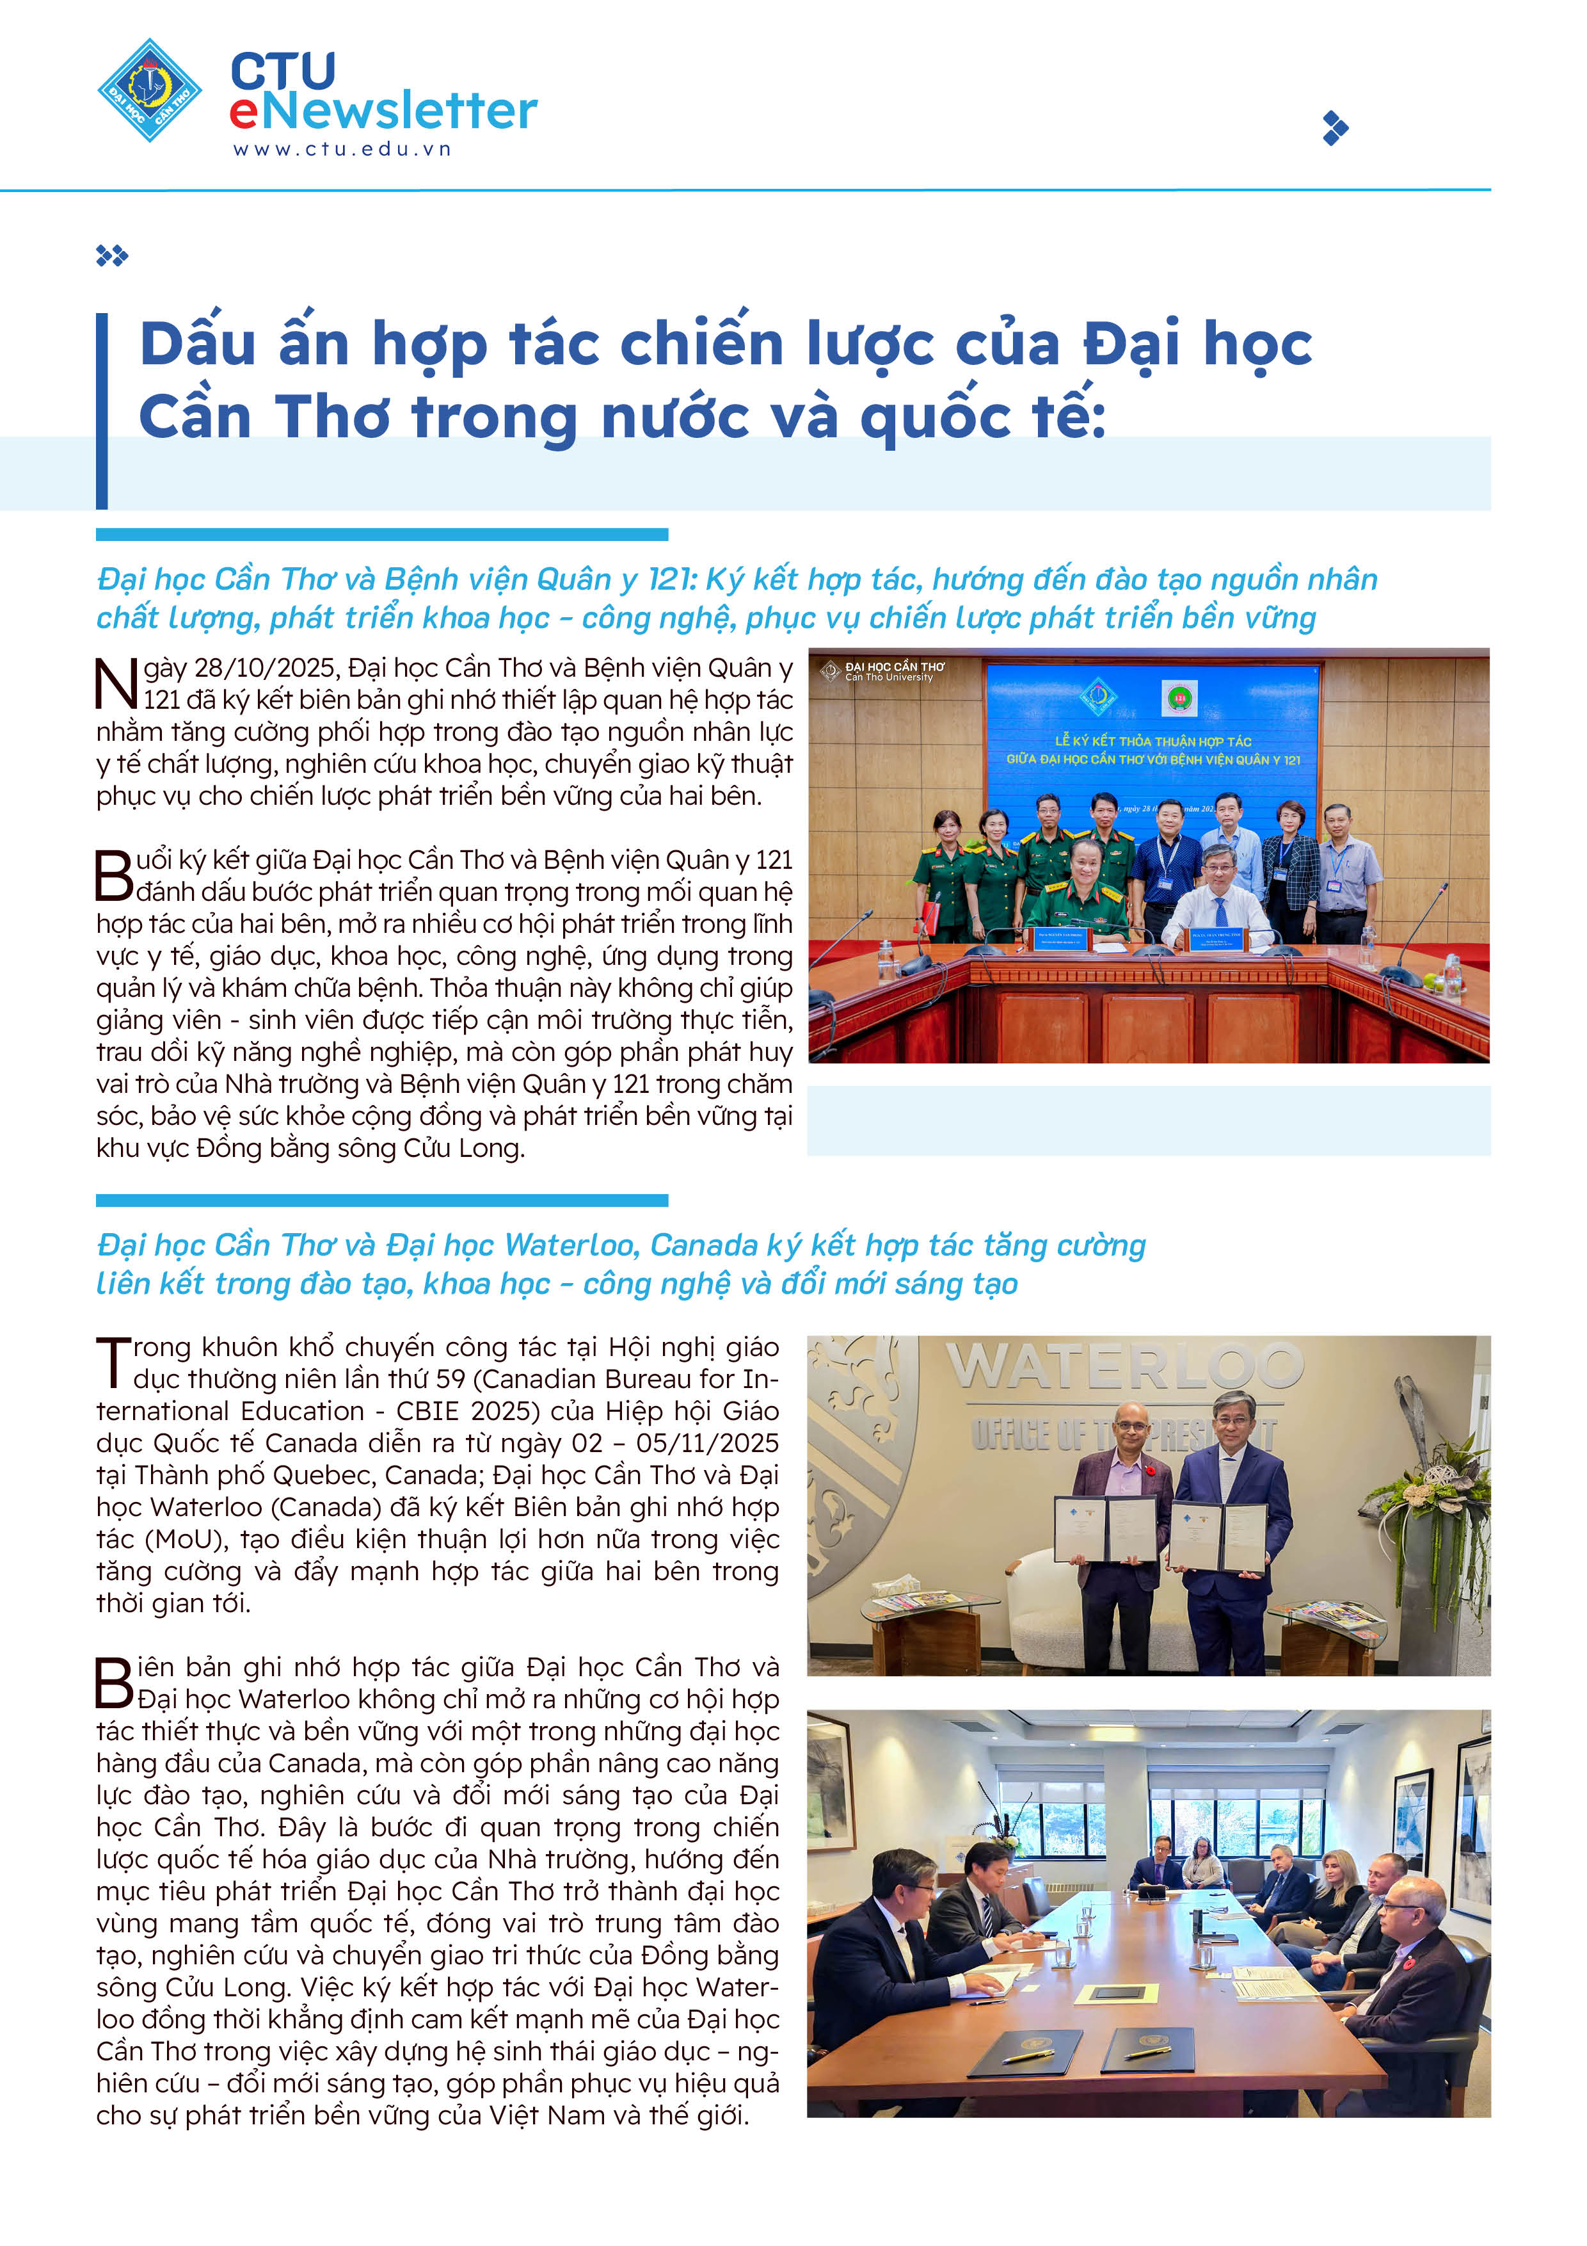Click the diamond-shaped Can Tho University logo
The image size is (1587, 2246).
(x=150, y=91)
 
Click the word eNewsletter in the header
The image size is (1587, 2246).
(x=383, y=111)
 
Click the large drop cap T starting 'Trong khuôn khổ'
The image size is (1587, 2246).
(x=113, y=1362)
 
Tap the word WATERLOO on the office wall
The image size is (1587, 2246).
(x=1124, y=1366)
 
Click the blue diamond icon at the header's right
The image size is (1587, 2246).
(x=1335, y=128)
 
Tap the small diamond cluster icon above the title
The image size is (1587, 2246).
(x=111, y=256)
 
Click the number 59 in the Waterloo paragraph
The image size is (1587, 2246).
(x=450, y=1379)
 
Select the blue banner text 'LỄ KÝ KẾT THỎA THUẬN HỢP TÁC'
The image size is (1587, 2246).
(x=1153, y=741)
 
